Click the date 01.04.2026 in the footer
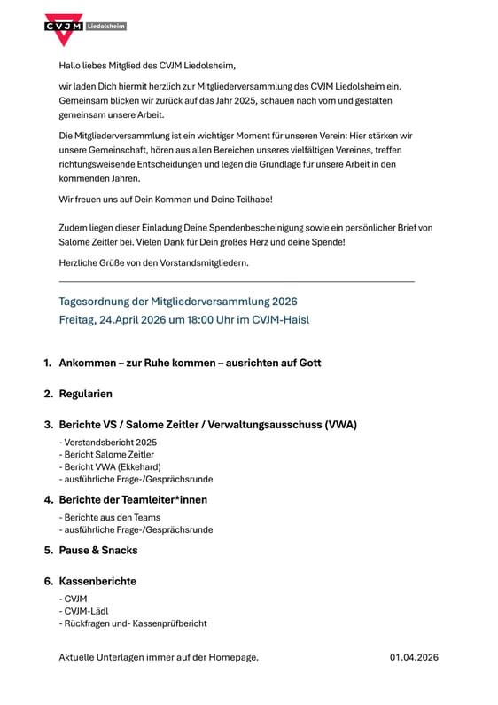pyautogui.click(x=414, y=657)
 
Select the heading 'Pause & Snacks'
pyautogui.click(x=98, y=550)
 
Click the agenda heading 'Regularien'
pyautogui.click(x=86, y=393)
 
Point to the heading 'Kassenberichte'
pyautogui.click(x=97, y=581)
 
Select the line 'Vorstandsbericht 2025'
pyautogui.click(x=108, y=442)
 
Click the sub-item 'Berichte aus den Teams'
pyautogui.click(x=110, y=517)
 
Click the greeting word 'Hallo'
pyautogui.click(x=70, y=65)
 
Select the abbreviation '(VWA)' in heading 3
pyautogui.click(x=340, y=424)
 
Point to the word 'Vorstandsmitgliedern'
pyautogui.click(x=204, y=262)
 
